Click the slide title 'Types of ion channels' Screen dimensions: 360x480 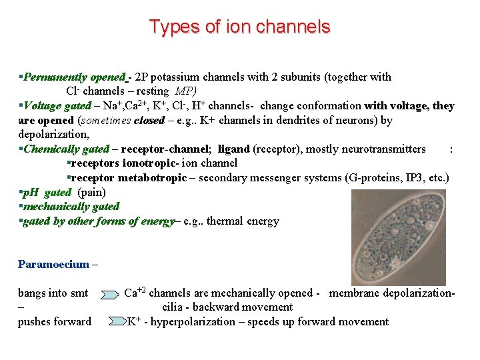tap(239, 27)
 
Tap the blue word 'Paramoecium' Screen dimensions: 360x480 tap(53, 264)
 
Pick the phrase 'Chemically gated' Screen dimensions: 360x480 tap(66, 149)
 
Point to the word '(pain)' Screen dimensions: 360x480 tap(92, 192)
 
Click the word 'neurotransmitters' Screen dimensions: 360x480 tap(382, 149)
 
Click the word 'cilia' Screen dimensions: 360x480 tap(175, 307)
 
